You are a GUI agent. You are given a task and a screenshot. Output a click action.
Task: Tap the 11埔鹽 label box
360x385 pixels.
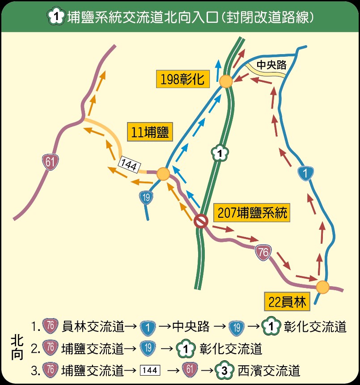150,132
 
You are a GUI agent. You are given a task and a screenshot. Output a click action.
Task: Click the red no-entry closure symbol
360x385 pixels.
201,221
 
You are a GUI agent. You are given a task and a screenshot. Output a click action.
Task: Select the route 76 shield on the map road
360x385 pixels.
263,253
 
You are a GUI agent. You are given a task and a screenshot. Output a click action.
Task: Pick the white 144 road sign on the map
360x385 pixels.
129,165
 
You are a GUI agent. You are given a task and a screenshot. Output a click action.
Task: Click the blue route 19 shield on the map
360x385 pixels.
146,197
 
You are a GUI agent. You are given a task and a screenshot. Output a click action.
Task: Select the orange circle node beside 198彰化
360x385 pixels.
226,81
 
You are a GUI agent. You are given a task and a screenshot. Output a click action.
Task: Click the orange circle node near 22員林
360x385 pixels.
322,287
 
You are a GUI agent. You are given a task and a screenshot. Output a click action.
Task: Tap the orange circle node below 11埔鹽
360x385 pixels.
163,174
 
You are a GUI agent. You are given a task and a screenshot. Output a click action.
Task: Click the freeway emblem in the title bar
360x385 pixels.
55,17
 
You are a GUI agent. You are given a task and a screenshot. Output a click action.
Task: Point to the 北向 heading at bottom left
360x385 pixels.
17,348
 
